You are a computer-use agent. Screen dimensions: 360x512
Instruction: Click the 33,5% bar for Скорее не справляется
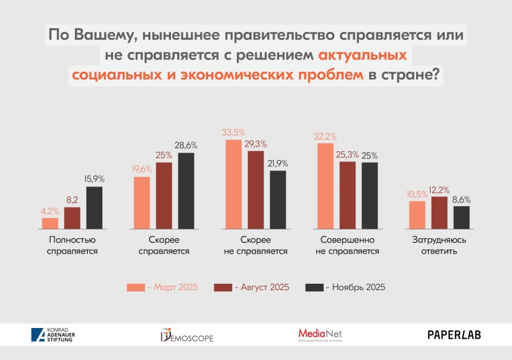point(234,184)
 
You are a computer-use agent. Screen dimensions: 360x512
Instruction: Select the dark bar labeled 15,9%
point(94,207)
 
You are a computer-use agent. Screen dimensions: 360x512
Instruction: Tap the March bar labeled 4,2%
point(50,222)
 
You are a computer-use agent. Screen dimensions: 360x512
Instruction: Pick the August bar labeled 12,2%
point(439,212)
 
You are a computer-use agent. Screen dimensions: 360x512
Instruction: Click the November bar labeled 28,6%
point(186,190)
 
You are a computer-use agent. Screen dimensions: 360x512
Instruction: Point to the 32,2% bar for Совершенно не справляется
point(325,186)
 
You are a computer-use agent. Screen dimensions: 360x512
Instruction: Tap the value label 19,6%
point(141,170)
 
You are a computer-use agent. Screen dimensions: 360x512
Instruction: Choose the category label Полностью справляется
point(72,245)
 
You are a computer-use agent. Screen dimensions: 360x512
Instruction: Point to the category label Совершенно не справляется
point(348,245)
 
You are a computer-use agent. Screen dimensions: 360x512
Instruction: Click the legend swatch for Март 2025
point(136,288)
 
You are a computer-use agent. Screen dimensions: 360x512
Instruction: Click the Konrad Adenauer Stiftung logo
point(52,334)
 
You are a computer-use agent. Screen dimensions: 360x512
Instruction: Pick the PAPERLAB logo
point(454,334)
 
